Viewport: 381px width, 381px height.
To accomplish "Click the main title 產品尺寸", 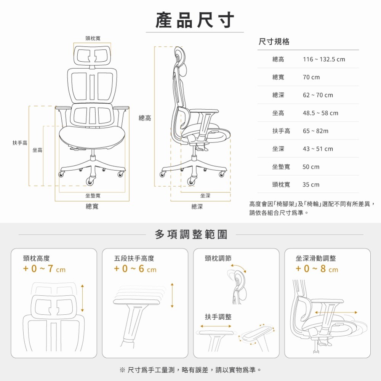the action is (x=195, y=20).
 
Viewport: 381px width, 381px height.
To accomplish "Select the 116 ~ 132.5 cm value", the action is (x=323, y=59).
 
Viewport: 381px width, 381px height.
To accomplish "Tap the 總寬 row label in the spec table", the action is (x=278, y=77).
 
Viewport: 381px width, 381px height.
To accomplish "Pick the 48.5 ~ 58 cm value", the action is (x=320, y=113).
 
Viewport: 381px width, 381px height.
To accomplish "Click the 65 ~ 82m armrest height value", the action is (x=315, y=131).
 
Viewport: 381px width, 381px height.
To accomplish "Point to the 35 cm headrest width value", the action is (x=311, y=185).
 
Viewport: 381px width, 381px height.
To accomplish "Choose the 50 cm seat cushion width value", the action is (x=311, y=167).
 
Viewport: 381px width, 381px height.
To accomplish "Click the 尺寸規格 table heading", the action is (x=274, y=42).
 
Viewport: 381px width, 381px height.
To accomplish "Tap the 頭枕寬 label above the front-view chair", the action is (x=93, y=38).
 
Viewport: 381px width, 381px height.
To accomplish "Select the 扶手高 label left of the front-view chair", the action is (x=20, y=142).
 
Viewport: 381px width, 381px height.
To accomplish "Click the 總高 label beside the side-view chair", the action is (x=145, y=118).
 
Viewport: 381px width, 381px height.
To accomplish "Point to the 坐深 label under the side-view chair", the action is (x=205, y=195).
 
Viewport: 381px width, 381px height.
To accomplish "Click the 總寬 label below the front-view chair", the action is (x=92, y=207).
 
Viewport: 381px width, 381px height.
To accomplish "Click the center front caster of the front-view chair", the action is (x=91, y=180).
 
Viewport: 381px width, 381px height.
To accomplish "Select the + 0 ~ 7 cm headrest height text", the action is (x=44, y=269).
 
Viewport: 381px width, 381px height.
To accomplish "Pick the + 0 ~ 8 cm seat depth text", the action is (x=317, y=269).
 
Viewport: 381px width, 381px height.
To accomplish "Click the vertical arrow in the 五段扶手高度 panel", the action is (x=172, y=296).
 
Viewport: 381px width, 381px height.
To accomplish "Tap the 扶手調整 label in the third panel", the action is (x=218, y=317).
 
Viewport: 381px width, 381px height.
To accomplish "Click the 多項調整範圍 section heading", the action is (x=191, y=234).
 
